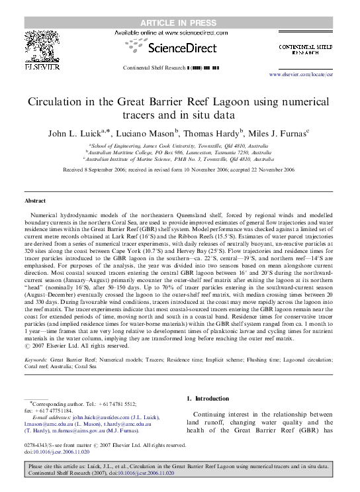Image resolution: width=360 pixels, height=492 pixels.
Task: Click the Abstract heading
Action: (34, 200)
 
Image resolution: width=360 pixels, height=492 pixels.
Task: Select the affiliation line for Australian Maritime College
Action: (179, 152)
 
